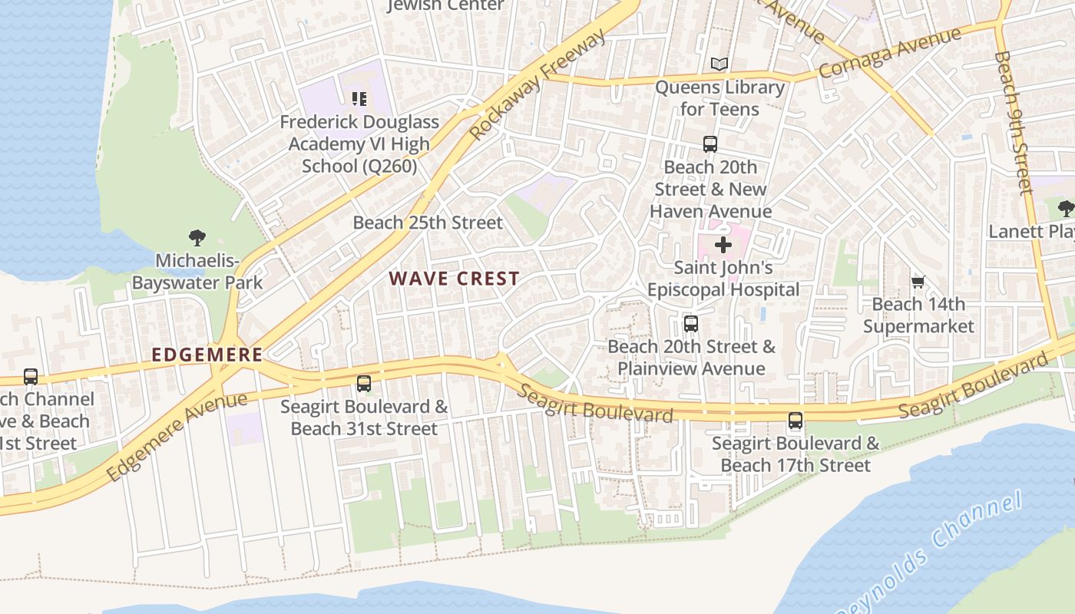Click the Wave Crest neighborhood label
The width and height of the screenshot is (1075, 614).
click(x=454, y=279)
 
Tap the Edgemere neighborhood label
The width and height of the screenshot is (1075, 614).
click(x=207, y=355)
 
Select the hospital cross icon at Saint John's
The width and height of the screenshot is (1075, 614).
click(x=723, y=246)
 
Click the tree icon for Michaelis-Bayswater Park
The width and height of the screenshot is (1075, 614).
click(x=197, y=238)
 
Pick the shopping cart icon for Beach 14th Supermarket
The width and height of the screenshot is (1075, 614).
click(x=918, y=282)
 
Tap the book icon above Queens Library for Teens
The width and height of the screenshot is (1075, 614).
click(x=719, y=64)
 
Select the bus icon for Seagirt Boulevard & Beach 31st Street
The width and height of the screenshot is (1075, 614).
click(x=364, y=383)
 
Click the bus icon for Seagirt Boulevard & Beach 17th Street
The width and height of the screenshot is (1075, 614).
click(x=795, y=421)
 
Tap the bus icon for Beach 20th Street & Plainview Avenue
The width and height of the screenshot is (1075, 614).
click(x=691, y=324)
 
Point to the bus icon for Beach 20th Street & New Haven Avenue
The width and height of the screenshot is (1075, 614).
click(x=710, y=144)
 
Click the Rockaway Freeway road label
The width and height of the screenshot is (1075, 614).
click(x=537, y=87)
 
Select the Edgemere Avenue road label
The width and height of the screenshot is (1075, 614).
click(x=177, y=436)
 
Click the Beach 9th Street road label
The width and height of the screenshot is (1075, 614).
click(x=1013, y=123)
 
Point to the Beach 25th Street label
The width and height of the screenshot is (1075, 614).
click(x=428, y=223)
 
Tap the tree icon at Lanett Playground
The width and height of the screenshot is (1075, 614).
click(x=1065, y=208)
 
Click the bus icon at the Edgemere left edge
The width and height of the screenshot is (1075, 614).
click(x=31, y=377)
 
